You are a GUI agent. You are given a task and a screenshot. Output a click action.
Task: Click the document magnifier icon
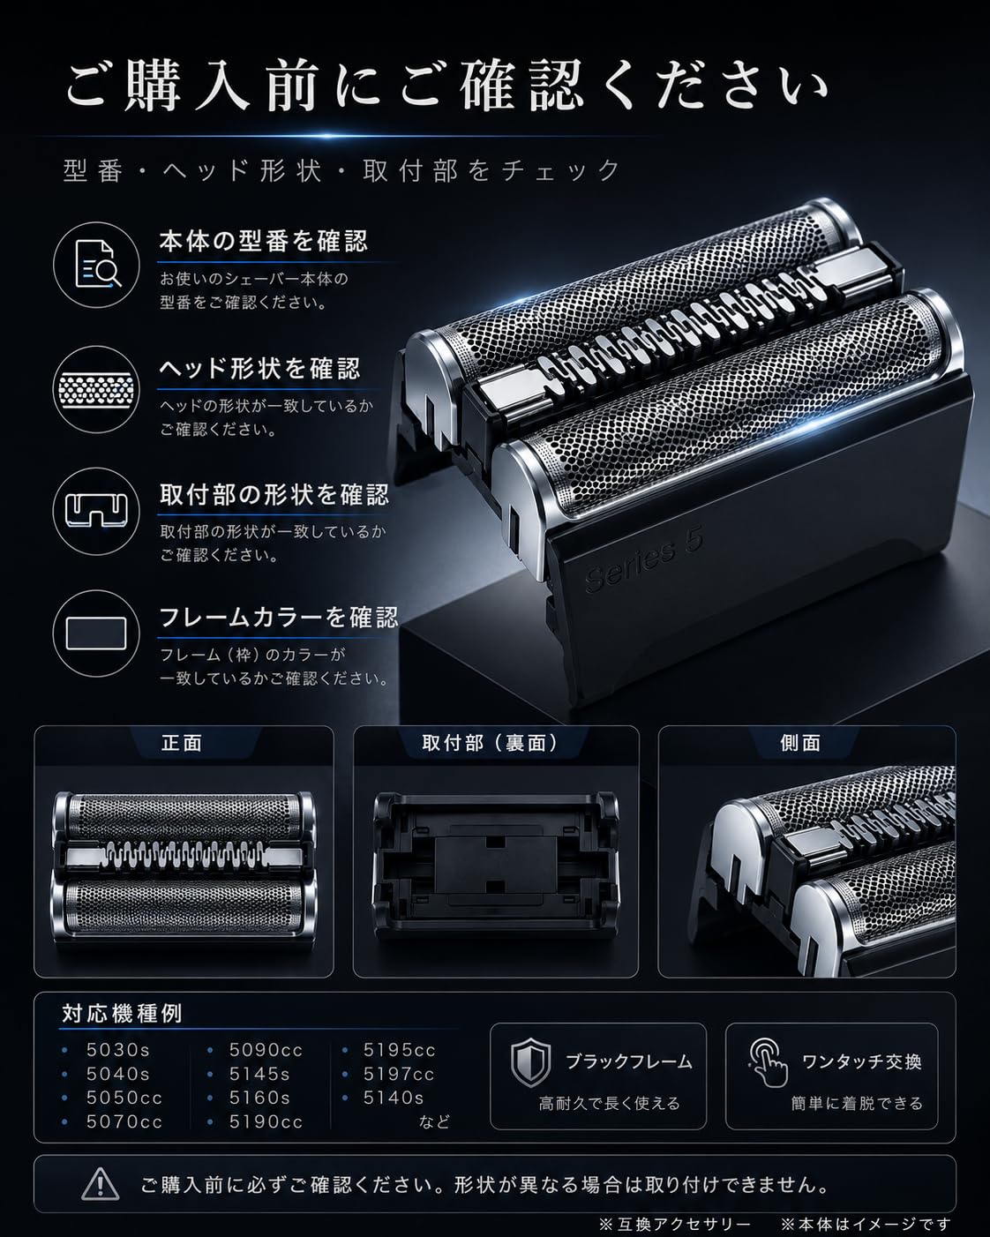pyautogui.click(x=97, y=265)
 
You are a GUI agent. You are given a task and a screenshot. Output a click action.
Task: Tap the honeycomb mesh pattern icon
pyautogui.click(x=96, y=390)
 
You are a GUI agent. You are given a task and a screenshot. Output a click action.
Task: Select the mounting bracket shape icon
pyautogui.click(x=96, y=511)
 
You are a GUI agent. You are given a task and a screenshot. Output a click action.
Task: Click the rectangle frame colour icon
pyautogui.click(x=96, y=633)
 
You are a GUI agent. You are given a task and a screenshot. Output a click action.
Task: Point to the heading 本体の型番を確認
pyautogui.click(x=263, y=242)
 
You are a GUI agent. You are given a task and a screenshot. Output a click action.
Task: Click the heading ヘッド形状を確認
pyautogui.click(x=260, y=369)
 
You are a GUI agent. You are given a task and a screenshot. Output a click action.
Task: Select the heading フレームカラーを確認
pyautogui.click(x=278, y=617)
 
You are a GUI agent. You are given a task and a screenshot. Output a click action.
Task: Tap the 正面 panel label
pyautogui.click(x=183, y=743)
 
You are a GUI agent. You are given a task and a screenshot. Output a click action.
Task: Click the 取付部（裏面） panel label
pyautogui.click(x=491, y=743)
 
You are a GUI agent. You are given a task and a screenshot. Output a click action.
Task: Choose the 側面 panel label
pyautogui.click(x=800, y=743)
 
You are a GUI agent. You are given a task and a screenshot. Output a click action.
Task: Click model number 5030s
pyautogui.click(x=118, y=1050)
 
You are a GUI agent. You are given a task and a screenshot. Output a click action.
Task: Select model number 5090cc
pyautogui.click(x=266, y=1050)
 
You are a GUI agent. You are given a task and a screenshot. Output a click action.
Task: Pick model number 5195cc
pyautogui.click(x=399, y=1050)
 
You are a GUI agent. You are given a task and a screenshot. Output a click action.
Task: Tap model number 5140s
pyautogui.click(x=394, y=1098)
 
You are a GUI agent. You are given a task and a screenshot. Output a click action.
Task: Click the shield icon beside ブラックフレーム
pyautogui.click(x=530, y=1063)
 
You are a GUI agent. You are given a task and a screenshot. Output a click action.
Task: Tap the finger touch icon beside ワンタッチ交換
pyautogui.click(x=768, y=1063)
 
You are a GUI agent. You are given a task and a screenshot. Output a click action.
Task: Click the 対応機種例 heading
pyautogui.click(x=122, y=1014)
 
